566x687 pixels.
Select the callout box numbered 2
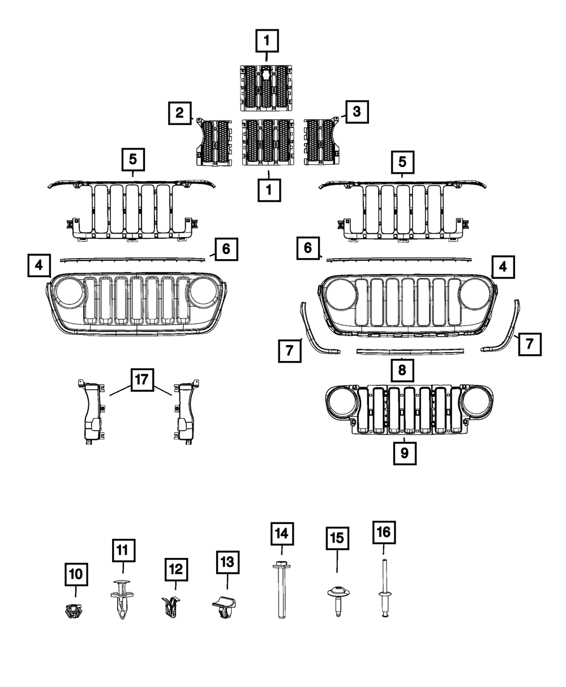tap(179, 113)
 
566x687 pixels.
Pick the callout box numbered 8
tap(401, 371)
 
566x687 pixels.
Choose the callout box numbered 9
tap(405, 453)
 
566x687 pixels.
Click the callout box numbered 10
tap(76, 574)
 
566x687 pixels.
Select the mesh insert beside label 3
tap(320, 141)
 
